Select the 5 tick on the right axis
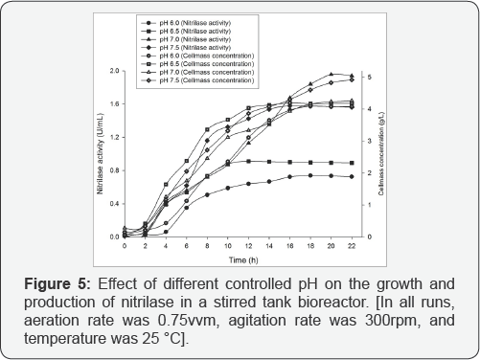point(370,77)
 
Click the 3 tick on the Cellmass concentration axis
point(370,141)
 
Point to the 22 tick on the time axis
point(353,246)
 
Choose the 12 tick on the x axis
point(249,246)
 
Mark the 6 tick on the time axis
point(187,246)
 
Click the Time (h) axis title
point(239,259)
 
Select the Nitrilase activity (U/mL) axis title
point(100,154)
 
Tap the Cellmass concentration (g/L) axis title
point(383,154)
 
